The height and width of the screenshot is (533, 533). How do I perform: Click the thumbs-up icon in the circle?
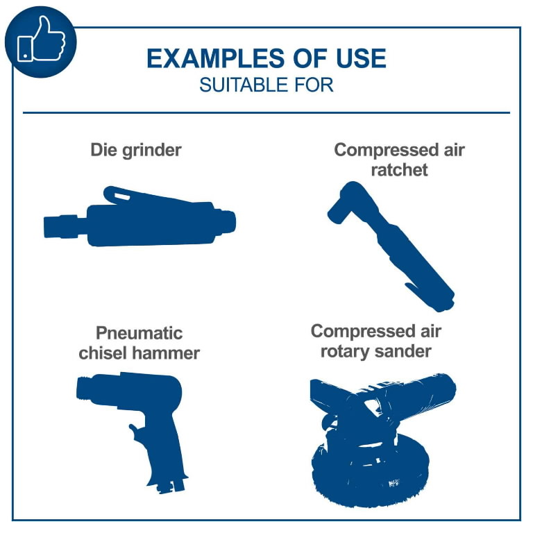click(x=41, y=39)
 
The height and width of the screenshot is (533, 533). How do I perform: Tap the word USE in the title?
click(x=362, y=58)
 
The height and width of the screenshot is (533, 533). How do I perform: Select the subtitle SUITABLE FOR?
click(x=266, y=85)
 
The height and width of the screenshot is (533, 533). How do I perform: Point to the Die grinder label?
click(x=136, y=150)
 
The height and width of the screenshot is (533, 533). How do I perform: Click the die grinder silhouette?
click(x=139, y=217)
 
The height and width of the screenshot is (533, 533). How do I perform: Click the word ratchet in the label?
click(x=400, y=170)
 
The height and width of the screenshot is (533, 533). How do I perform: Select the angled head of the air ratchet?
click(x=350, y=202)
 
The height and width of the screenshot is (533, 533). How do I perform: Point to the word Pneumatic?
click(x=139, y=333)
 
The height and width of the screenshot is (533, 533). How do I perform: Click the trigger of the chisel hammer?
click(x=136, y=432)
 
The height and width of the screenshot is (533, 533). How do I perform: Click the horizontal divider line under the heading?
click(x=266, y=112)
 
